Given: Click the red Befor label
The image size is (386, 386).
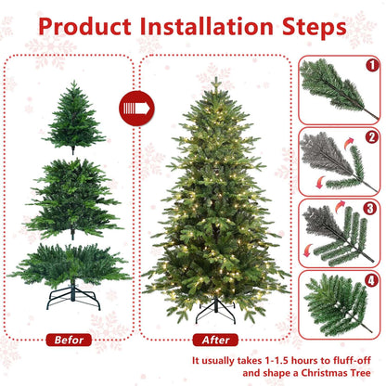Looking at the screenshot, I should click(x=69, y=340).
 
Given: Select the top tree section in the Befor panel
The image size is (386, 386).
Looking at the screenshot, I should click(x=70, y=116).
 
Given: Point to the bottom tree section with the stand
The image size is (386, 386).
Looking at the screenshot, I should click(x=70, y=264).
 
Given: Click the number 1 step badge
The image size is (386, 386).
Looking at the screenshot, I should click(x=372, y=67).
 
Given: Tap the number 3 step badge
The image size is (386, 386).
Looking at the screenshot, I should click(x=372, y=209).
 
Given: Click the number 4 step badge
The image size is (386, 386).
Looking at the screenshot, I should click(x=372, y=279).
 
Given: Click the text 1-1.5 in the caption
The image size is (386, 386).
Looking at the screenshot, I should click(x=262, y=360).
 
